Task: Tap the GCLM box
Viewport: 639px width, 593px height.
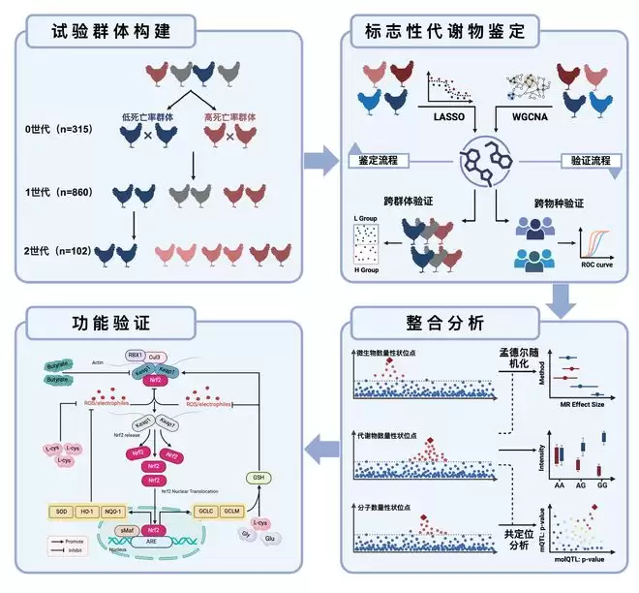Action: (230, 510)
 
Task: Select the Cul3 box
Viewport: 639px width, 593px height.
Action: (156, 356)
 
